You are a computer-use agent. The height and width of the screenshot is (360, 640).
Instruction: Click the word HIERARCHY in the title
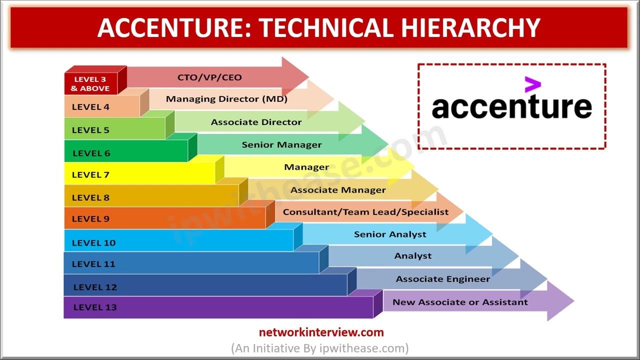point(470,27)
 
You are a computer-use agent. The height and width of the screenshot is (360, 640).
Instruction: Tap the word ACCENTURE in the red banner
point(174,27)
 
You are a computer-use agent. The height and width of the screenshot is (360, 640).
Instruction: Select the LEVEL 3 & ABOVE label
point(90,83)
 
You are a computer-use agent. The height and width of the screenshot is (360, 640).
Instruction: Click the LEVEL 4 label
point(90,107)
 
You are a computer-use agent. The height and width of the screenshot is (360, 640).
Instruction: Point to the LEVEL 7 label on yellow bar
point(90,174)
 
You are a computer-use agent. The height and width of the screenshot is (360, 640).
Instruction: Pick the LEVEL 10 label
point(93,243)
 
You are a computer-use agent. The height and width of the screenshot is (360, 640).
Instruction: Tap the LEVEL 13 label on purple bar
point(95,307)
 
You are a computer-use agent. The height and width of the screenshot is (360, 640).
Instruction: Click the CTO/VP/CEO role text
point(209,77)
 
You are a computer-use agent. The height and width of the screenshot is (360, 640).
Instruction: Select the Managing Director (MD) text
point(226,99)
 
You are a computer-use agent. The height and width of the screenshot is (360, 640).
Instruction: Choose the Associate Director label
point(256,122)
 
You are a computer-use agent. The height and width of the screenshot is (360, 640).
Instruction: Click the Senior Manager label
point(281,145)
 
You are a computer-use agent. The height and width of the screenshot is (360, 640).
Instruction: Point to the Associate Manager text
point(338,190)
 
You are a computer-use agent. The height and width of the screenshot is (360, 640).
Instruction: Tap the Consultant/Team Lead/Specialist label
point(365,212)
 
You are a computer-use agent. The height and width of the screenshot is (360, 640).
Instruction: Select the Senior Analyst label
point(390,234)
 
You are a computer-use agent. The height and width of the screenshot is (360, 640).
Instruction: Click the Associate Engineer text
point(443,279)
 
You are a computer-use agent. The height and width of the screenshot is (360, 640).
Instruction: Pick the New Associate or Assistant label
point(460,302)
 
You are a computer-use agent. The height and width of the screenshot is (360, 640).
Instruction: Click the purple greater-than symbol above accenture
point(533,84)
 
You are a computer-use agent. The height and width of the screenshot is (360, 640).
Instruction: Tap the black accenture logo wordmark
point(511,106)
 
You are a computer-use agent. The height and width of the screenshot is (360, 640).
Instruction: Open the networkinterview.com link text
point(321,332)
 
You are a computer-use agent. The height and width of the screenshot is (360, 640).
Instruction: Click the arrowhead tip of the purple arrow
point(573,301)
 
